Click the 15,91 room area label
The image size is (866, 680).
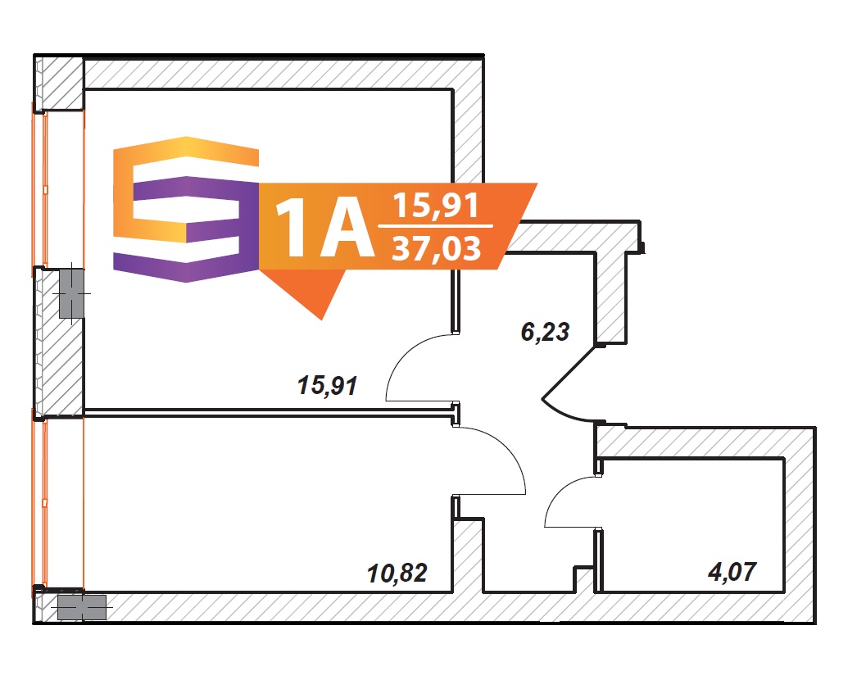pyautogui.click(x=328, y=386)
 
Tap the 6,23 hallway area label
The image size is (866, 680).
pyautogui.click(x=545, y=332)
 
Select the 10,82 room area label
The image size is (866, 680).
pyautogui.click(x=397, y=573)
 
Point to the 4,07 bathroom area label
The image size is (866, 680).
pyautogui.click(x=732, y=572)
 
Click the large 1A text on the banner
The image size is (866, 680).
pyautogui.click(x=324, y=228)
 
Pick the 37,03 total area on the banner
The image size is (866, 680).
pyautogui.click(x=437, y=249)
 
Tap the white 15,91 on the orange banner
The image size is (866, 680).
pyautogui.click(x=436, y=206)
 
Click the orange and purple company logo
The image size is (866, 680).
pyautogui.click(x=186, y=210)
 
